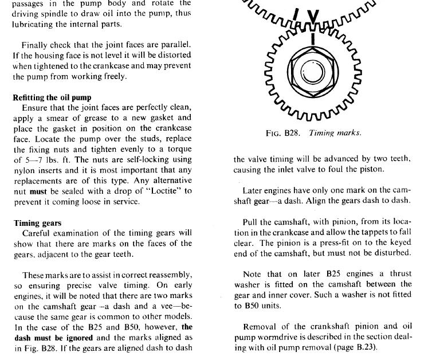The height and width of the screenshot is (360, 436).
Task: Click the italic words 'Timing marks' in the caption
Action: tap(335, 133)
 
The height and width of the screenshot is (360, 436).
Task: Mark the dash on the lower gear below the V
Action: tap(313, 39)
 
